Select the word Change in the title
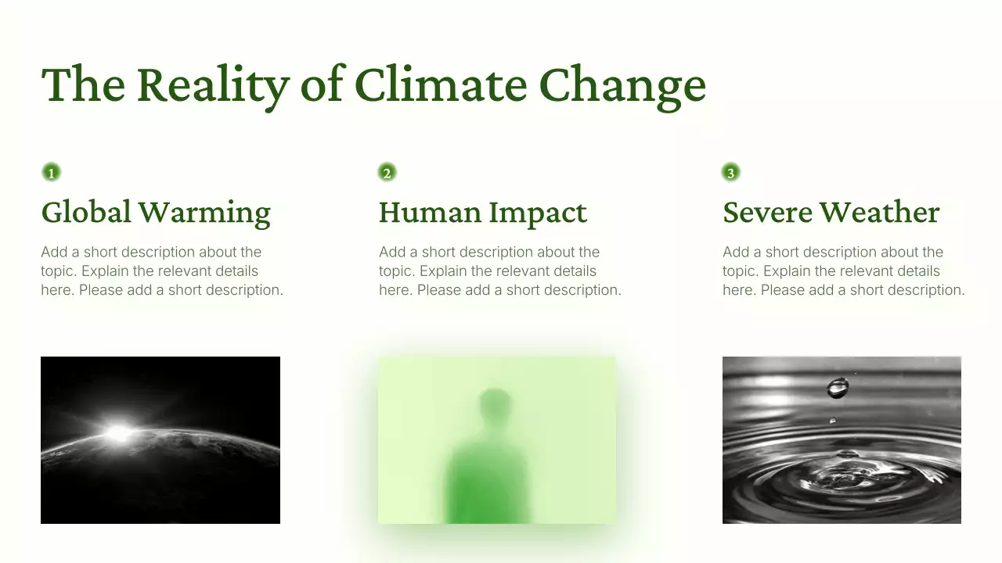(x=622, y=84)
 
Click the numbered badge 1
(x=51, y=173)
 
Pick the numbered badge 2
(x=387, y=173)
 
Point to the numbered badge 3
(x=730, y=173)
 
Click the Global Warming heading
(x=156, y=212)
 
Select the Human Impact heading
(x=482, y=212)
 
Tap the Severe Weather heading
(x=831, y=212)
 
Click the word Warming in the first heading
(x=204, y=212)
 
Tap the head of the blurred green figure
(x=494, y=404)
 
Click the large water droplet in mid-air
(x=838, y=387)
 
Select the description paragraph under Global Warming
(x=161, y=271)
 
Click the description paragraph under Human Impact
(x=499, y=271)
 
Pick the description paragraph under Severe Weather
(x=843, y=271)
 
